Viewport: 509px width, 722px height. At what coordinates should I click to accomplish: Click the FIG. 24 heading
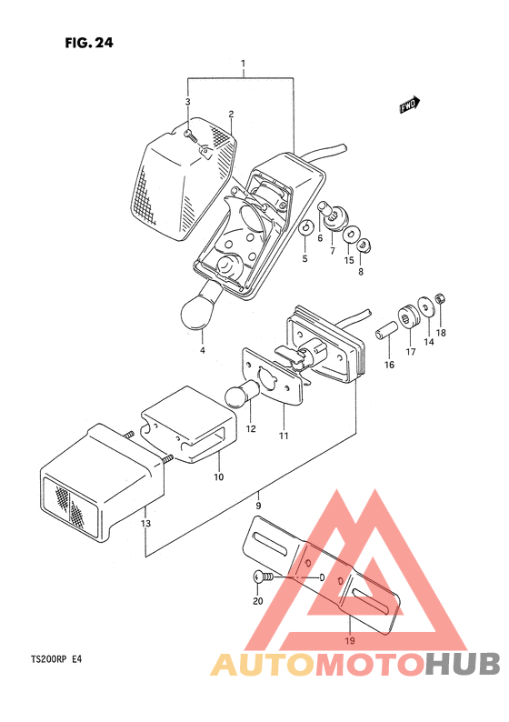pos(89,43)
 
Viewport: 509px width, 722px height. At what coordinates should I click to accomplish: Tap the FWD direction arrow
pos(410,105)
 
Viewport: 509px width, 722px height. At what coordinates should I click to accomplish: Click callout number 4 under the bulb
pos(202,350)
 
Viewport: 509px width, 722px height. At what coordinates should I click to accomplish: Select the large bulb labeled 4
pos(203,306)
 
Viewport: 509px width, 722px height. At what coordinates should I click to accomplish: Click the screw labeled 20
pos(263,577)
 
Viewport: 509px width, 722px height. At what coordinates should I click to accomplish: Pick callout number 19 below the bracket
pos(350,640)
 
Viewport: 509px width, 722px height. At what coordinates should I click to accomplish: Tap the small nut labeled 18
pos(440,299)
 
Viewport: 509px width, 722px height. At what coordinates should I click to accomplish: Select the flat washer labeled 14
pos(426,306)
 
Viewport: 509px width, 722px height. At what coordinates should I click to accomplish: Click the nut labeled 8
pos(364,246)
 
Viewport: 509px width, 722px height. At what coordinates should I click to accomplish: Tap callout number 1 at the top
pos(243,63)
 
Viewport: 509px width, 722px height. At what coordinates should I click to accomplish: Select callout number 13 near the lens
pos(145,523)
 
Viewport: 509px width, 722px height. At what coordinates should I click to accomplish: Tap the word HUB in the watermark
pos(462,664)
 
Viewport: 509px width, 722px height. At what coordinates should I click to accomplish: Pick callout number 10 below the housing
pos(219,477)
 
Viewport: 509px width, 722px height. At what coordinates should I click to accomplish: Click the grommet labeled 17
pos(408,316)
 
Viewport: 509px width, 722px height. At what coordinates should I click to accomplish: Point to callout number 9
pos(258,506)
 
